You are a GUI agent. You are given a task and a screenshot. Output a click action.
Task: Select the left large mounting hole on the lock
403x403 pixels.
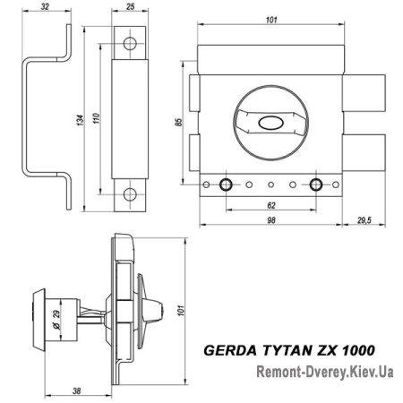point(224,184)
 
